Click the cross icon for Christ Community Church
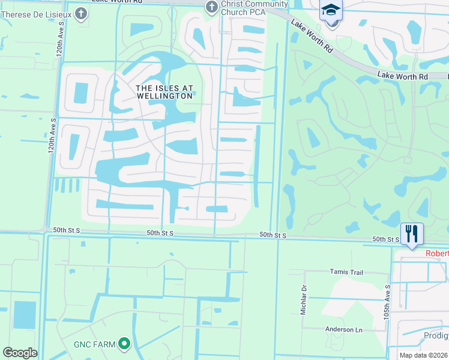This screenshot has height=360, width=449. (211, 7)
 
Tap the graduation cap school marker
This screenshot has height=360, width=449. (331, 11)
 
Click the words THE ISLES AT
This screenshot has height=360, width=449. (164, 88)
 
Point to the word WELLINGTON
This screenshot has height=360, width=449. (164, 95)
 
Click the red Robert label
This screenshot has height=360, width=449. (437, 253)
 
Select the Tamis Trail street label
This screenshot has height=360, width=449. (346, 272)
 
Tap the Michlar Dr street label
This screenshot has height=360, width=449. (304, 294)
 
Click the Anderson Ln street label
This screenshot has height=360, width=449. (343, 329)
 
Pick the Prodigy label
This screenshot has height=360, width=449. (436, 336)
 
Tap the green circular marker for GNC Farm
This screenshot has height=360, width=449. (124, 344)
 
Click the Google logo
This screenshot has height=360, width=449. (20, 353)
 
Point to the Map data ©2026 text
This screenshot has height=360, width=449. (423, 355)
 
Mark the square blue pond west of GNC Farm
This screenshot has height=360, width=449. (25, 314)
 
